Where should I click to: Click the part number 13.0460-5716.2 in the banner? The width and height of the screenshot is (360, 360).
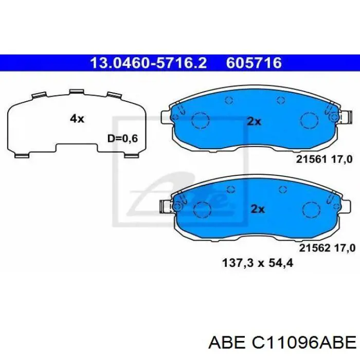pyautogui.click(x=149, y=63)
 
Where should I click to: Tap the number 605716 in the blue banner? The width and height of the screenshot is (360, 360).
pyautogui.click(x=254, y=63)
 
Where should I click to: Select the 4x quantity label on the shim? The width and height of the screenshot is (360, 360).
pyautogui.click(x=77, y=119)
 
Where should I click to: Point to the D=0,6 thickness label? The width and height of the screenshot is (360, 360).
pyautogui.click(x=122, y=138)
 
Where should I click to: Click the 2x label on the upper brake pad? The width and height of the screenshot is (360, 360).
pyautogui.click(x=254, y=121)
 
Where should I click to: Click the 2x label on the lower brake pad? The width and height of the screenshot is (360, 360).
pyautogui.click(x=258, y=209)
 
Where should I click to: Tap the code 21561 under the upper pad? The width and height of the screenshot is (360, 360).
pyautogui.click(x=311, y=159)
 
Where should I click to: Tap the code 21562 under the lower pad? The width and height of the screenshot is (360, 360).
pyautogui.click(x=315, y=248)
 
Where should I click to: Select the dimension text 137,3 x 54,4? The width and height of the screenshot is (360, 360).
pyautogui.click(x=258, y=263)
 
